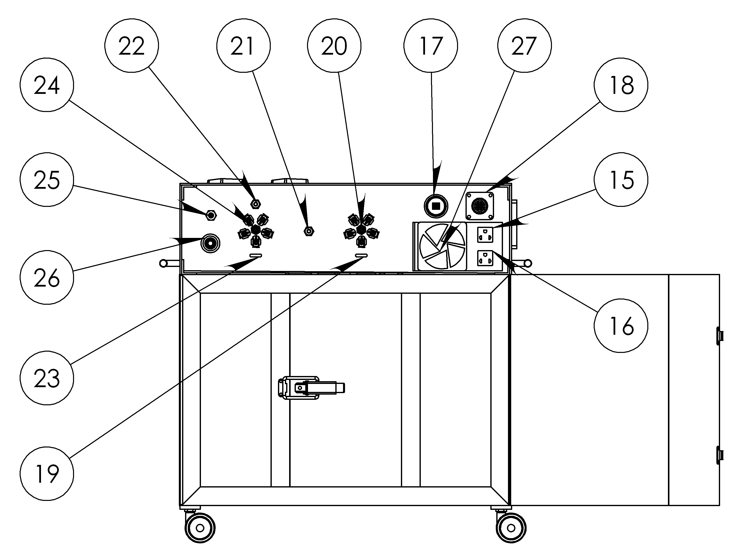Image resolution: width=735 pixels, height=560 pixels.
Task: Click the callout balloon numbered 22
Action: click(131, 45)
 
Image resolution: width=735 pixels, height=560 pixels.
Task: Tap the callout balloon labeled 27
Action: click(524, 45)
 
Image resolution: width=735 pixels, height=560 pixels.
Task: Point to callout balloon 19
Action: click(47, 474)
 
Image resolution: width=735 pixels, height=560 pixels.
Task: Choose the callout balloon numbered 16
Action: click(621, 326)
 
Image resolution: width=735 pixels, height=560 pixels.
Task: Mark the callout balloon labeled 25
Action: click(47, 180)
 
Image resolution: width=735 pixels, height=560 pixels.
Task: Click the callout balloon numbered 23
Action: click(47, 378)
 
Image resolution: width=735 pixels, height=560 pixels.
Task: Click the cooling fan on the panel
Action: click(442, 246)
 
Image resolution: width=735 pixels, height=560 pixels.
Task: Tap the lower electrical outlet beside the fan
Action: click(485, 258)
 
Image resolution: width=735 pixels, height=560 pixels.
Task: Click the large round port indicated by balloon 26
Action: click(210, 243)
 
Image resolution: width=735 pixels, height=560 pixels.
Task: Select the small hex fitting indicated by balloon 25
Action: click(211, 215)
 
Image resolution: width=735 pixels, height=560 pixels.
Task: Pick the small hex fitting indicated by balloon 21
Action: click(309, 231)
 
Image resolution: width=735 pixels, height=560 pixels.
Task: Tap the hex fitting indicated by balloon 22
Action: click(256, 203)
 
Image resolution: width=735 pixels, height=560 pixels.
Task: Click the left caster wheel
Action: click(200, 528)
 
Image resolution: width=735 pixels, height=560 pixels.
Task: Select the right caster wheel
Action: click(511, 528)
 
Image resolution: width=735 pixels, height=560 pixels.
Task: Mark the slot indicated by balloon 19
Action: click(361, 255)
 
